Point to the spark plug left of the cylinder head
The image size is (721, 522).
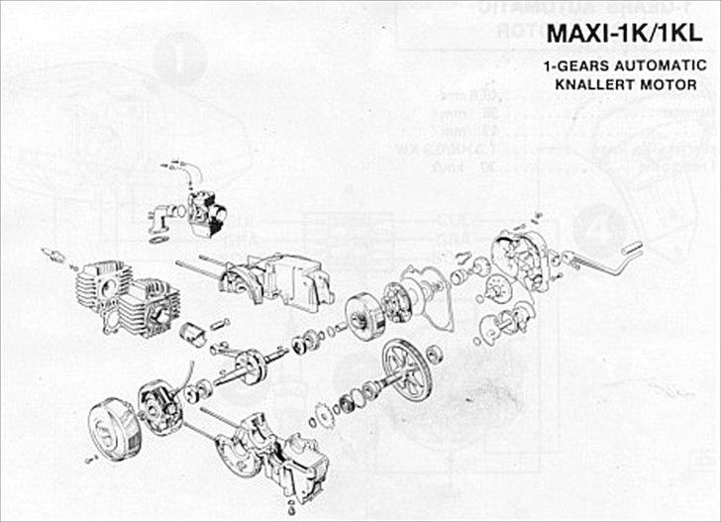pyautogui.click(x=56, y=257)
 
